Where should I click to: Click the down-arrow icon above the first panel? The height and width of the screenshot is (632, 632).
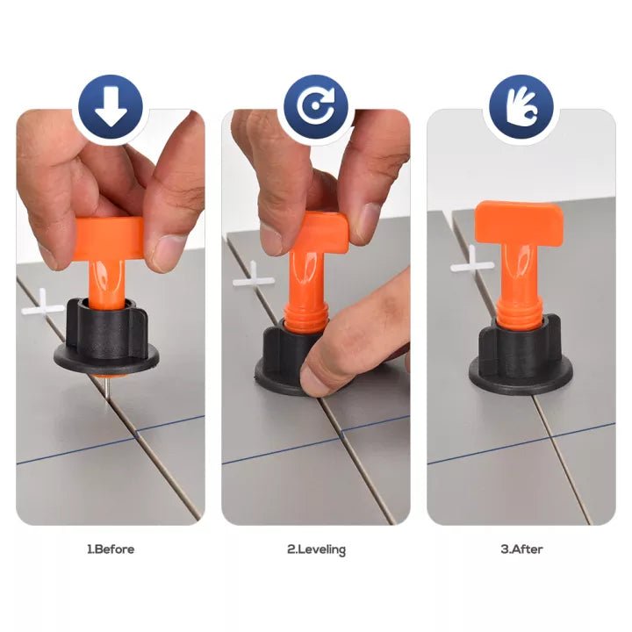pyautogui.click(x=111, y=107)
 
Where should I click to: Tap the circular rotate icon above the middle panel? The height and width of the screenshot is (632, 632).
pyautogui.click(x=316, y=107)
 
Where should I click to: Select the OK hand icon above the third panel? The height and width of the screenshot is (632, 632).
pyautogui.click(x=521, y=107)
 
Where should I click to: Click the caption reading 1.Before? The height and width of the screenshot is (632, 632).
pyautogui.click(x=111, y=549)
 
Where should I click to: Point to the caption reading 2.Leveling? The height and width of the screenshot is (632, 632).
pyautogui.click(x=316, y=549)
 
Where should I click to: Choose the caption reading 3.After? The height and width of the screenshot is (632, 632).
pyautogui.click(x=521, y=549)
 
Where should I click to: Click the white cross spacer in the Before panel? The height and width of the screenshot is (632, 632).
pyautogui.click(x=42, y=305)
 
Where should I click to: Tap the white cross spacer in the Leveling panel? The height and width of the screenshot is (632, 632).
pyautogui.click(x=254, y=278)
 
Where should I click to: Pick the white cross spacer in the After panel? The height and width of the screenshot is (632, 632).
pyautogui.click(x=472, y=262)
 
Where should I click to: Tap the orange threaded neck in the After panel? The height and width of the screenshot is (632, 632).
pyautogui.click(x=519, y=312)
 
